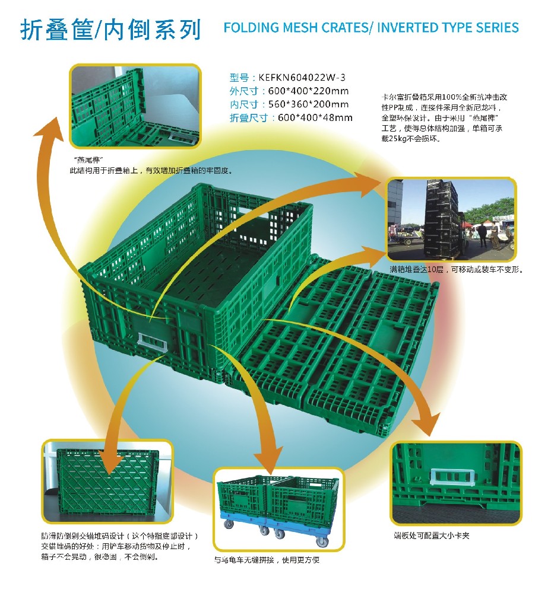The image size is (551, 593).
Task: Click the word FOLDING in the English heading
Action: coord(251,28)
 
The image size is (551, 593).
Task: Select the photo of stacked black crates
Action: coord(451,220)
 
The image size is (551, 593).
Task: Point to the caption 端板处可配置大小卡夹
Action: coord(431,535)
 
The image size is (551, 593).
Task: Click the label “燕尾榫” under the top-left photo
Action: coord(87,160)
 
